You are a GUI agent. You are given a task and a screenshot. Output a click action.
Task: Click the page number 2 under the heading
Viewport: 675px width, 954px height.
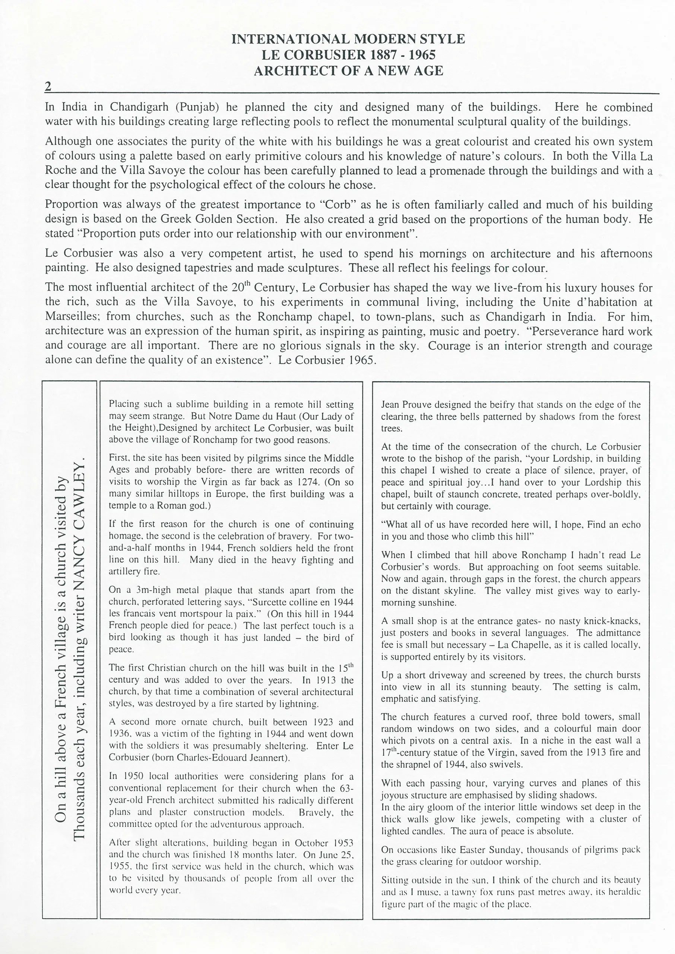48,86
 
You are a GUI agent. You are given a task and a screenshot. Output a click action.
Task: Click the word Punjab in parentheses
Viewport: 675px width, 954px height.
197,107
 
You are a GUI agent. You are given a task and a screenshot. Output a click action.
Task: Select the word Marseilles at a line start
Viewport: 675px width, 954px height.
72,316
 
